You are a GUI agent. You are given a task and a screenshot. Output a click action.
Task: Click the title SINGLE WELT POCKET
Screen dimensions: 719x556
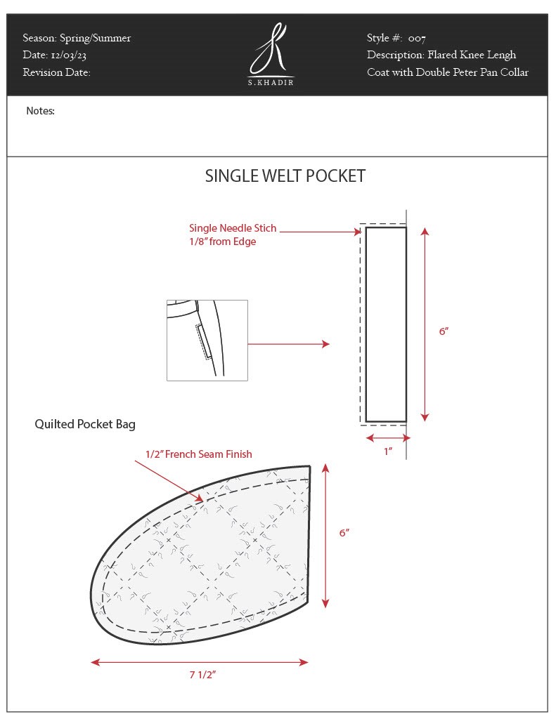click(285, 176)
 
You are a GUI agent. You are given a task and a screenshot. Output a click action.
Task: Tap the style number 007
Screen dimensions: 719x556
click(417, 39)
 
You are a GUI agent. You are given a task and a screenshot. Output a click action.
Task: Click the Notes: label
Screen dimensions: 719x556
click(40, 111)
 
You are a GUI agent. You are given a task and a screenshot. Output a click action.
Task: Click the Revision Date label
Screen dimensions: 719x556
click(56, 72)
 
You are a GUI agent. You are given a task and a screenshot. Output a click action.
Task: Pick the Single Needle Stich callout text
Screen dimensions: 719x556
click(233, 228)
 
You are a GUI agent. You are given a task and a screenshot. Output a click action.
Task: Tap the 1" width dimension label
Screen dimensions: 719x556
click(387, 452)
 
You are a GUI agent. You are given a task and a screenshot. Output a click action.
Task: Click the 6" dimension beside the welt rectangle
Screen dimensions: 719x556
click(444, 331)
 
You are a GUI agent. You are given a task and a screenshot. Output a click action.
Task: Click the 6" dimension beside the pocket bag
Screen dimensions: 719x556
click(344, 533)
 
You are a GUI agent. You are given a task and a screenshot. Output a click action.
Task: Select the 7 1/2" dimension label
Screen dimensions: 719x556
click(202, 675)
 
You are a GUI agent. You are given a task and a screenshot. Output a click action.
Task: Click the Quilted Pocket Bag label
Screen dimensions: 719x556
click(85, 424)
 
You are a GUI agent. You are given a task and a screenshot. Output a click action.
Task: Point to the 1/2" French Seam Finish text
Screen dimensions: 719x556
click(198, 454)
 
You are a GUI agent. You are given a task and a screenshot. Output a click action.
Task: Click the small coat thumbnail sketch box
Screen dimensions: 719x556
click(207, 340)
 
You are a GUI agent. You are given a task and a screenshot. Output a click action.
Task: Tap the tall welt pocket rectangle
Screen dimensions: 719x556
click(386, 324)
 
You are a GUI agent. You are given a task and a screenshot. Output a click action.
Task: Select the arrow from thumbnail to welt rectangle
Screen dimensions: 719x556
click(288, 344)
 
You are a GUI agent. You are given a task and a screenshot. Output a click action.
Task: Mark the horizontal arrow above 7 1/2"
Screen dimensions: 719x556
click(200, 661)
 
